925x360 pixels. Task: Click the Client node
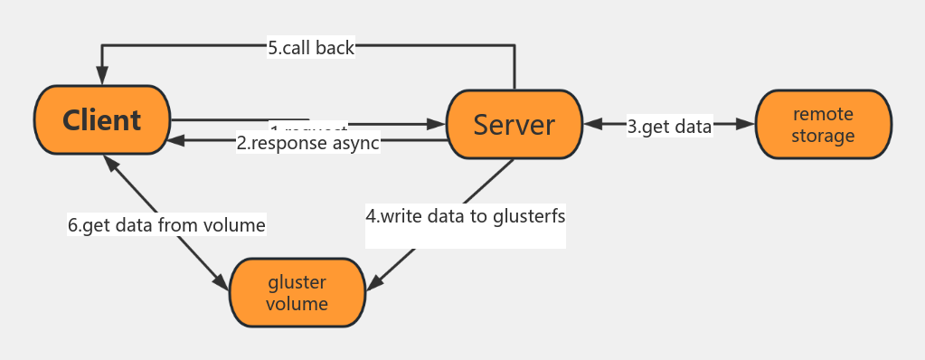point(101,119)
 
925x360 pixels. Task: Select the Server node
point(514,125)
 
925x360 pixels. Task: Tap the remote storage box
point(823,125)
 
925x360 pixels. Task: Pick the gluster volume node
point(297,291)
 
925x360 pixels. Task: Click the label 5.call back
point(311,49)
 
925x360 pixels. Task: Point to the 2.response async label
point(307,142)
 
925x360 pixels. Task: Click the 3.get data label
point(670,126)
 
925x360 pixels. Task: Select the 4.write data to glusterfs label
point(466,217)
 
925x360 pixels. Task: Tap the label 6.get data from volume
point(166,224)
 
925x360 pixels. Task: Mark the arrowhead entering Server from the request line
point(438,123)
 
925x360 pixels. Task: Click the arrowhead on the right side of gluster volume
point(373,281)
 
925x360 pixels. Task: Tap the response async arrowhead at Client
point(179,141)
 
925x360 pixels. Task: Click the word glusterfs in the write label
point(530,217)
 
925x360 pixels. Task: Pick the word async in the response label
point(354,142)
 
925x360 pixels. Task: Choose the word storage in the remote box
point(823,136)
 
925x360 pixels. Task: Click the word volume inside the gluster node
point(297,303)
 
